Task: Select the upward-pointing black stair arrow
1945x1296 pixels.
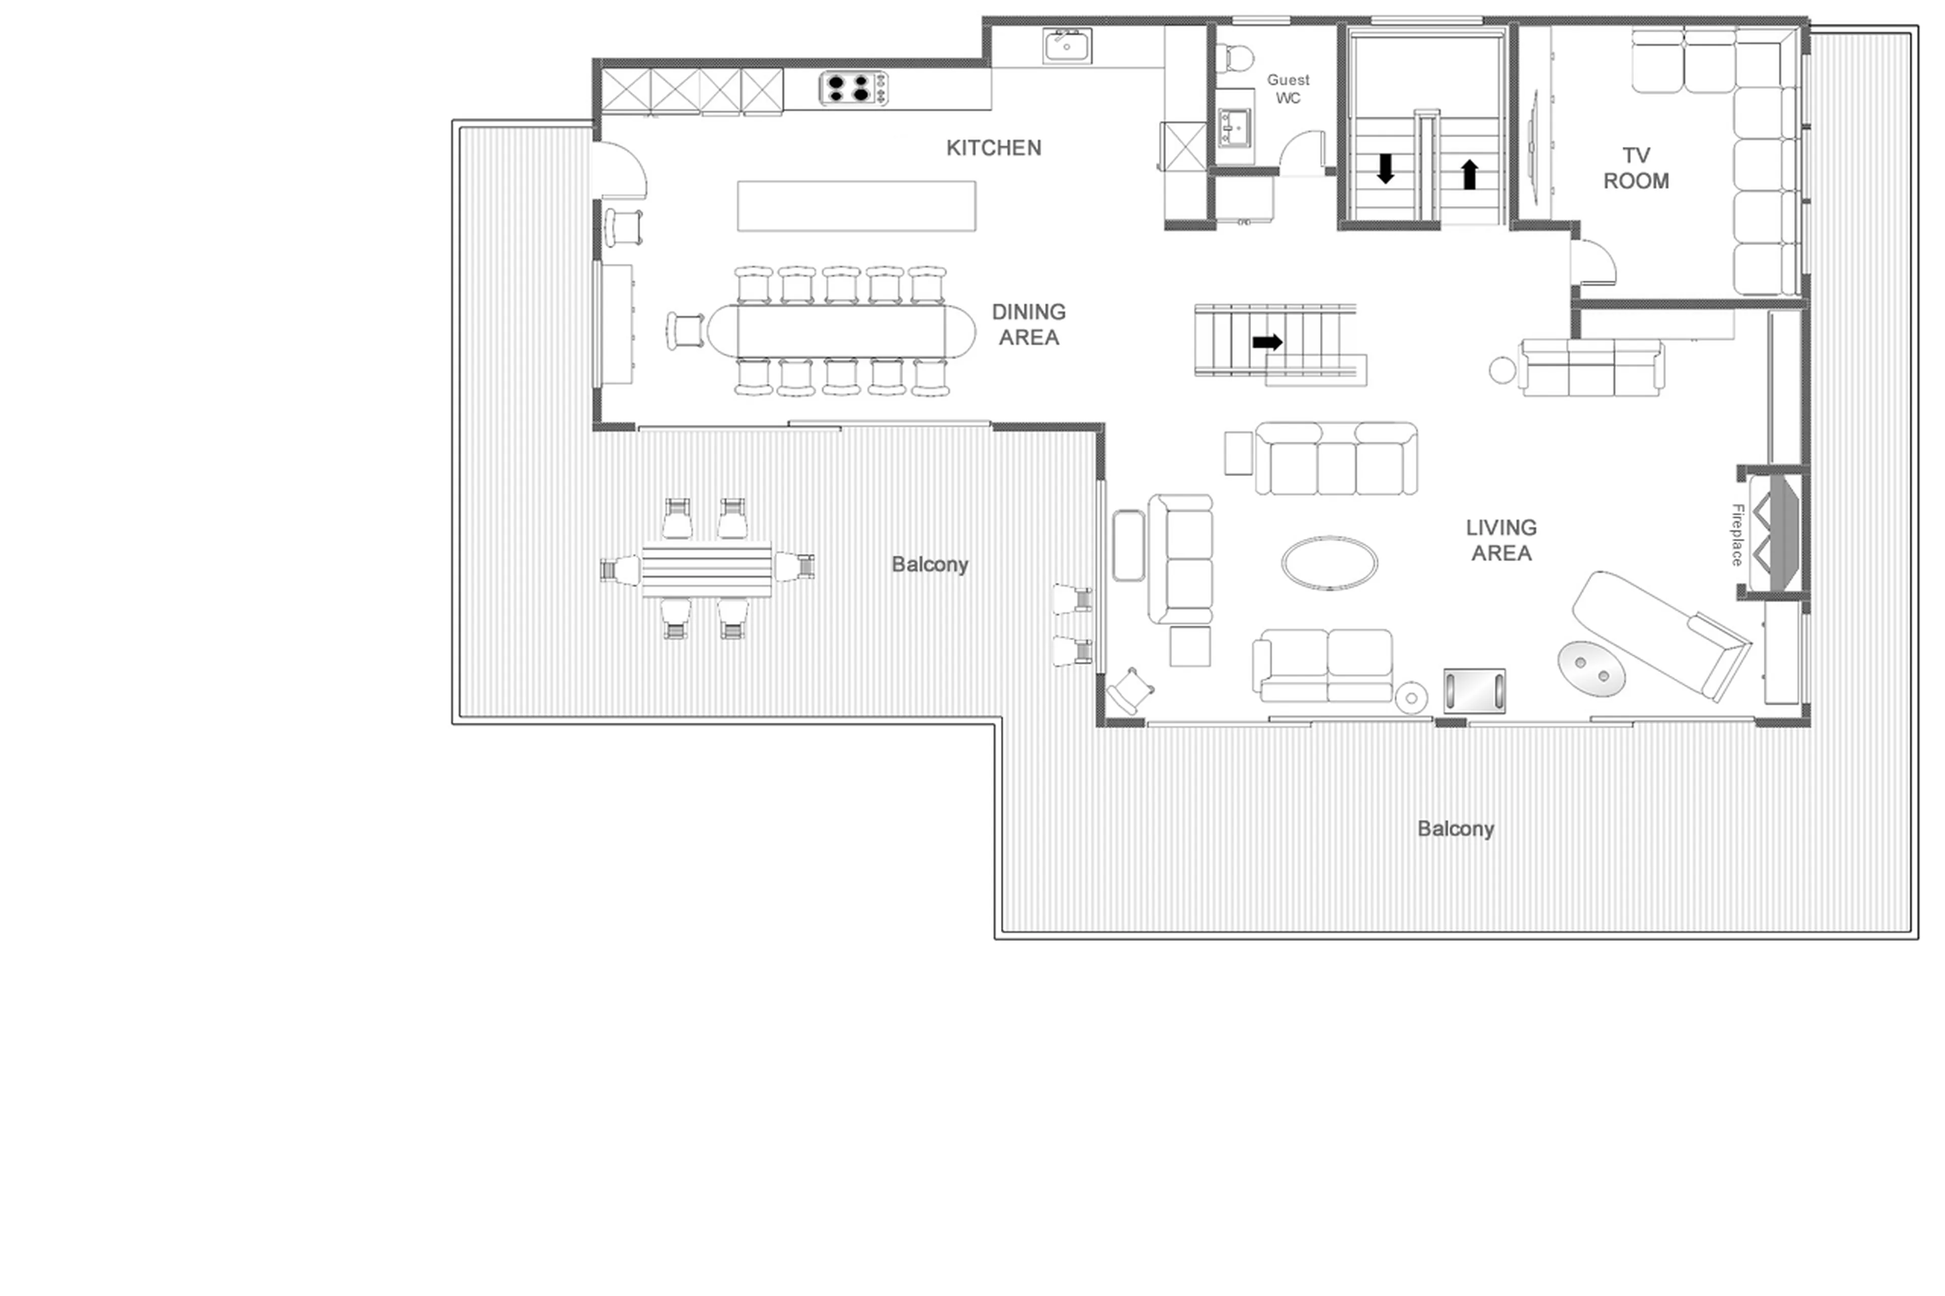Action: click(x=1469, y=174)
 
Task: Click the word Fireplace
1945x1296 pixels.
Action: click(x=1737, y=535)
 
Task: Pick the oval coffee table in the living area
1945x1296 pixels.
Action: click(x=1329, y=563)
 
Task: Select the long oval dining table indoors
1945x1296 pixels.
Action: click(x=841, y=331)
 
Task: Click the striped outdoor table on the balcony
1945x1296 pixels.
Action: click(x=706, y=569)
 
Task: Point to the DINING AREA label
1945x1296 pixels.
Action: click(x=1028, y=324)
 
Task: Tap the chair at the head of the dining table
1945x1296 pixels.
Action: click(x=685, y=331)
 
